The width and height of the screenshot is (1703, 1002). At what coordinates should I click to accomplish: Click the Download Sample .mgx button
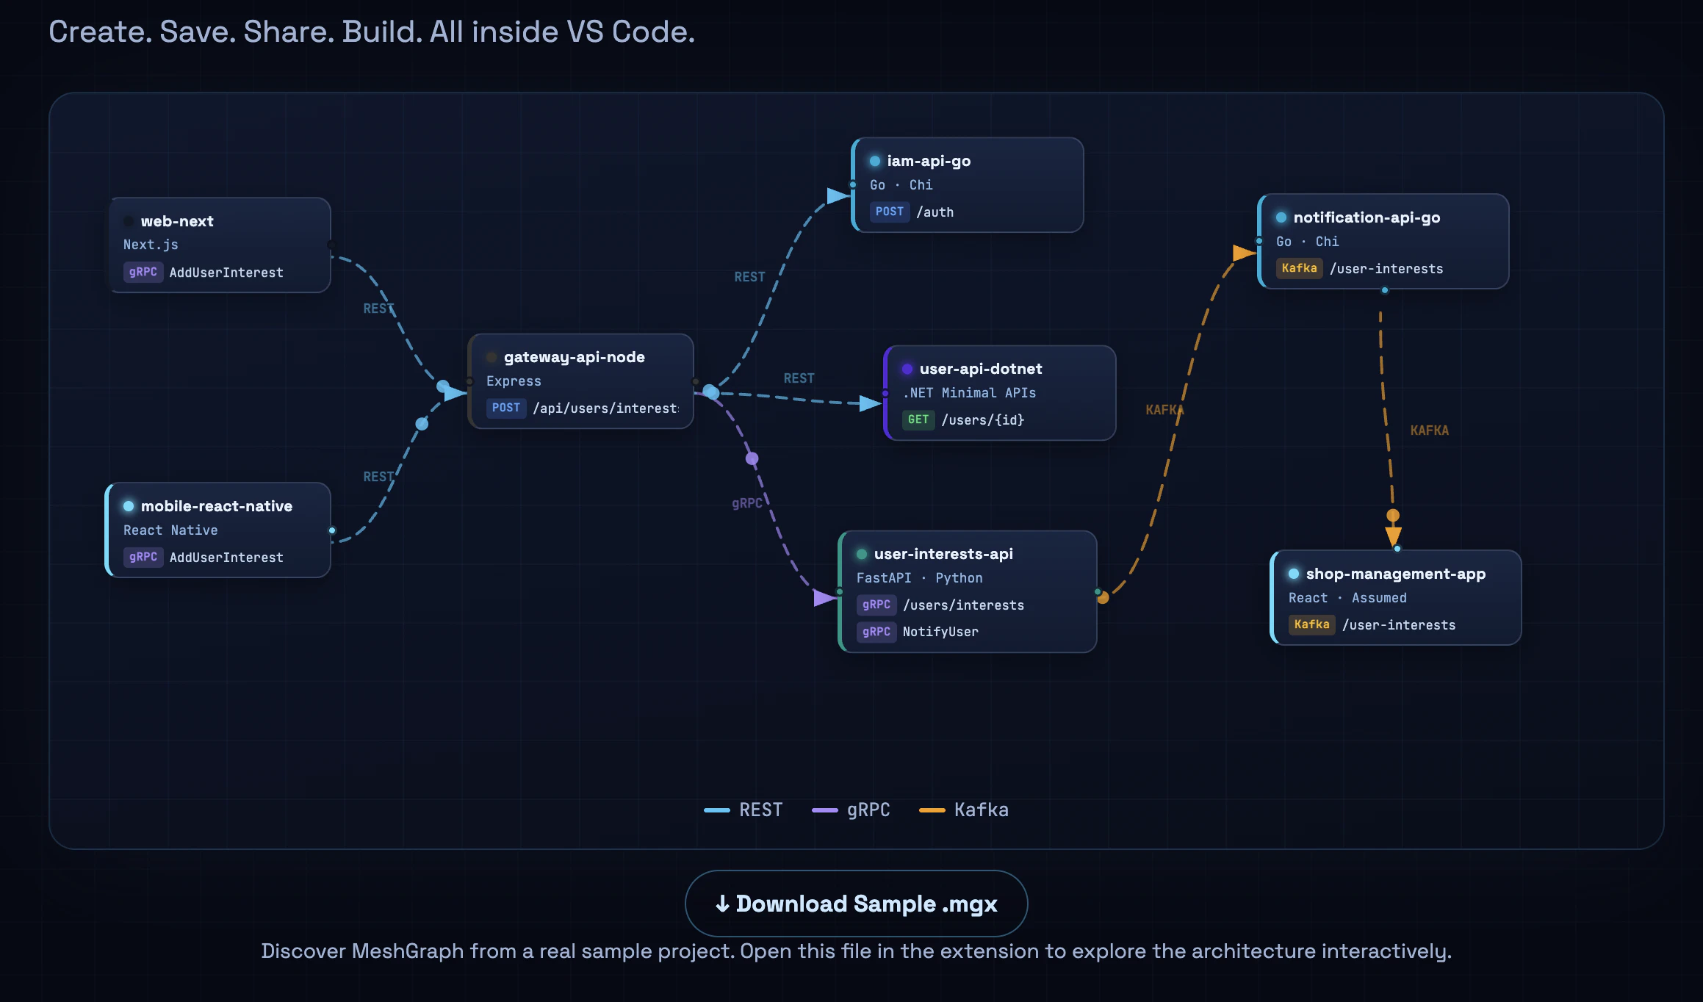tap(856, 904)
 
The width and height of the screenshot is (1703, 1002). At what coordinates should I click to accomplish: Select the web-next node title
tap(177, 221)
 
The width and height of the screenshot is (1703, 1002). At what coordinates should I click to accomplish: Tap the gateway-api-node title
tap(574, 357)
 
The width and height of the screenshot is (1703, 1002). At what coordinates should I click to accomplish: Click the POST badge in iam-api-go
tap(889, 212)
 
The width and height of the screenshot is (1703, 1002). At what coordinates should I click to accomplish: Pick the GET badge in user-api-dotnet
tap(918, 419)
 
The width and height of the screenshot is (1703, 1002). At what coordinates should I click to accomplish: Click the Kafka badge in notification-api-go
tap(1299, 268)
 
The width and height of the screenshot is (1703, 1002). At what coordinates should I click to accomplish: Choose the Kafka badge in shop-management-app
tap(1311, 624)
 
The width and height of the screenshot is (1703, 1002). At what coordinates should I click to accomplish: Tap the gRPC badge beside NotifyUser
tap(876, 632)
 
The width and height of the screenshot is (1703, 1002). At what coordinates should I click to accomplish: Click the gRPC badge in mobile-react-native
tap(143, 557)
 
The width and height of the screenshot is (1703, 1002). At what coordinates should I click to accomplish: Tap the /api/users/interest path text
tap(605, 408)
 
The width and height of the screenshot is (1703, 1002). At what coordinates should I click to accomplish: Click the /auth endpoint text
tap(935, 212)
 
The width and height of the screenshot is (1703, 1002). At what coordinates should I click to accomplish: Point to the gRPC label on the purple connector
tap(746, 503)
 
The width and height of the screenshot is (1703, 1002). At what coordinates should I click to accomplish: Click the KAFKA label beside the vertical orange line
tap(1429, 430)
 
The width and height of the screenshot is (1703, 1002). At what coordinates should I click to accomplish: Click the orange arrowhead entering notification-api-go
tap(1243, 253)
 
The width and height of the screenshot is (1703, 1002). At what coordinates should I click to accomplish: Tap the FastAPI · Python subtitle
tap(919, 578)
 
